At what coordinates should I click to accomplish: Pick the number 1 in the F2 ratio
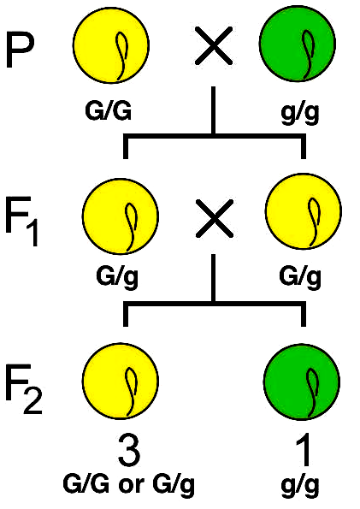tap(302, 450)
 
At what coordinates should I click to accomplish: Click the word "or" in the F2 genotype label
tap(128, 486)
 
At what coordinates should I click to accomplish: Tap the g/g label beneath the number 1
tap(300, 486)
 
